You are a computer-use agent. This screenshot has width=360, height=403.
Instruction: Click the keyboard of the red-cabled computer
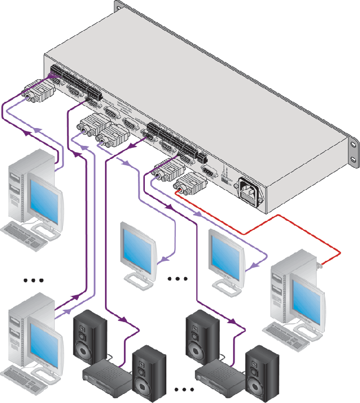tap(283, 330)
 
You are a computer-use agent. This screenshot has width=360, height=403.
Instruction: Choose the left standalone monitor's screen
tap(137, 247)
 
